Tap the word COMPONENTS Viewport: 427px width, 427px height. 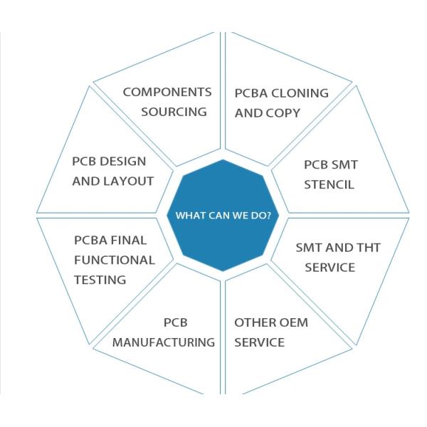coord(167,93)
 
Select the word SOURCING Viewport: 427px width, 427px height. coord(174,112)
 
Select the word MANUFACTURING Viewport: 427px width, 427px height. coord(164,342)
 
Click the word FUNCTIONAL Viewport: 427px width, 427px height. coord(114,260)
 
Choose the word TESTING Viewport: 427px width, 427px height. coord(100,280)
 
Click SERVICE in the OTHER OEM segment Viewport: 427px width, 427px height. coord(259,342)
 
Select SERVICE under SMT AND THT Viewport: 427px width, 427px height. coord(329,268)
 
